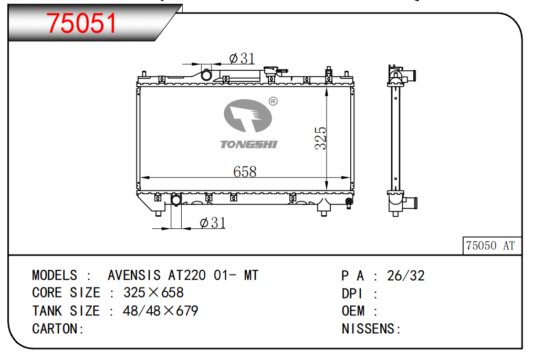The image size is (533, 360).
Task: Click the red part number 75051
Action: (81, 23)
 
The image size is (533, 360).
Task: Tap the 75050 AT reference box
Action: (492, 246)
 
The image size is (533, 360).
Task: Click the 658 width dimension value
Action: (245, 172)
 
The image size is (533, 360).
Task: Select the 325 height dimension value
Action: (320, 138)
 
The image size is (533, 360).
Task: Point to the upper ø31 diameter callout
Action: (242, 58)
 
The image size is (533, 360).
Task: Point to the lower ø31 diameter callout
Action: (213, 223)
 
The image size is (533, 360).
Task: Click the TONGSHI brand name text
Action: (249, 144)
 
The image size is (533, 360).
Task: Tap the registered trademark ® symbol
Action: (273, 101)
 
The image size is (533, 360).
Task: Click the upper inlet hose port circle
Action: (206, 75)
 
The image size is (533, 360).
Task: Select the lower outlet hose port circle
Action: (176, 200)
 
